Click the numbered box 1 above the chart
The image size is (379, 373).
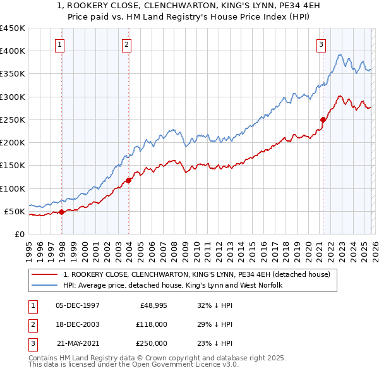(59, 44)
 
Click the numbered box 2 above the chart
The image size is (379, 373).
(126, 44)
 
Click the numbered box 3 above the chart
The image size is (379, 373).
(321, 44)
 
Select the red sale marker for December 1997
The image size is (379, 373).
(62, 212)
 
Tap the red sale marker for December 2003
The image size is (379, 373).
(129, 180)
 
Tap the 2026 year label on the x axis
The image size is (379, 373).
(373, 248)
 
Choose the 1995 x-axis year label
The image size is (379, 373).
(29, 248)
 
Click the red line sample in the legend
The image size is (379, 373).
(45, 274)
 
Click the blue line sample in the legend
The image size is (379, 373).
(45, 285)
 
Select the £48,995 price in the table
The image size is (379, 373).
(152, 305)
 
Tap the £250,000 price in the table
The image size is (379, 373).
(151, 343)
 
